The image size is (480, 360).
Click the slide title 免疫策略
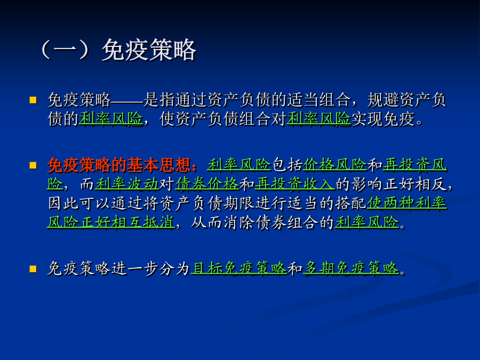click(149, 50)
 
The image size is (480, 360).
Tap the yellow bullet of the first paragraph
click(33, 100)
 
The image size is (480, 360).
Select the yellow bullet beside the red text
click(33, 165)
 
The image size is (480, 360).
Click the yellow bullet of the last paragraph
click(33, 269)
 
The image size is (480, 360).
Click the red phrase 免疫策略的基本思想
click(119, 165)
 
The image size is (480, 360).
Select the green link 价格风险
click(335, 165)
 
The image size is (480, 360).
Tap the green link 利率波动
click(127, 185)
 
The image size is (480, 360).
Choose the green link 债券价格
click(207, 185)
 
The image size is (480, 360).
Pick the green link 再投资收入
click(294, 185)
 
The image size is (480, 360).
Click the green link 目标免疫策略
click(239, 268)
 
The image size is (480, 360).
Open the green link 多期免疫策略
click(351, 268)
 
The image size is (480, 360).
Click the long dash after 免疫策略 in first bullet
click(127, 100)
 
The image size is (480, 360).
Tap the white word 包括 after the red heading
click(287, 165)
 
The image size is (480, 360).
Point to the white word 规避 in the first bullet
click(382, 100)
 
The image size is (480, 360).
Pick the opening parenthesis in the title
click(46, 50)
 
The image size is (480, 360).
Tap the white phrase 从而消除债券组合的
click(262, 222)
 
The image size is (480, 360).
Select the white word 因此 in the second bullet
click(63, 204)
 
